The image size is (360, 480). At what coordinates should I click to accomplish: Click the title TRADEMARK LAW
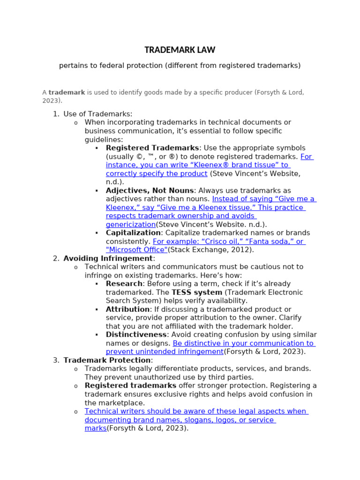point(180,50)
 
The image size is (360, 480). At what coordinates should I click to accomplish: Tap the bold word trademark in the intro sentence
point(67,92)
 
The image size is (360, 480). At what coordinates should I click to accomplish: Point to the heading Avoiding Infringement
point(108,258)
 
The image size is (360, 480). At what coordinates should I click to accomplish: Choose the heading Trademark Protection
point(107,360)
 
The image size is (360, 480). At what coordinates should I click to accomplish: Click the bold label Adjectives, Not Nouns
point(150,190)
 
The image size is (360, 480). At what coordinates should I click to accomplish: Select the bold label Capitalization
point(133,233)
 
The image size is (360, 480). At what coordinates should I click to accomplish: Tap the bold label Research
point(124,284)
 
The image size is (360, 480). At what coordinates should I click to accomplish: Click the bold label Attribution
point(127,309)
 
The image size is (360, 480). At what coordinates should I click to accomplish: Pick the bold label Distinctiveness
point(136,335)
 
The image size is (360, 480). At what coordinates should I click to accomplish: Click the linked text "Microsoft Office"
point(136,250)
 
